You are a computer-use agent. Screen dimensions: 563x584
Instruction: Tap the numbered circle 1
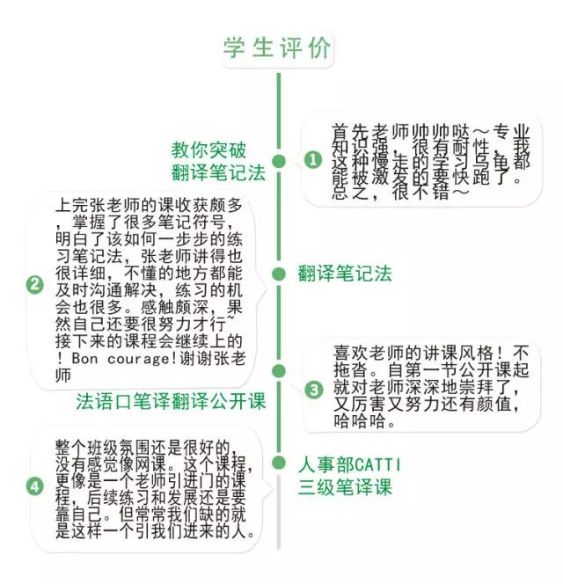(313, 159)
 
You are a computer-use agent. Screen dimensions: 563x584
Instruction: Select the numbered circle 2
(35, 284)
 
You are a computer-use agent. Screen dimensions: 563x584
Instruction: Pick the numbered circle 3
(313, 388)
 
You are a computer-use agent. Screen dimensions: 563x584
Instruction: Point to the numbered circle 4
(35, 485)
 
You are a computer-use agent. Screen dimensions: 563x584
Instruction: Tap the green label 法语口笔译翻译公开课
(171, 402)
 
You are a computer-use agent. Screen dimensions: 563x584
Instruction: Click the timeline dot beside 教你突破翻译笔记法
(279, 161)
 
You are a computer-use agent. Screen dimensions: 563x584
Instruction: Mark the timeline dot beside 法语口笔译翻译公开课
(279, 371)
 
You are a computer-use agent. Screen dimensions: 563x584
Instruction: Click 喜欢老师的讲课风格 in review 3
(400, 351)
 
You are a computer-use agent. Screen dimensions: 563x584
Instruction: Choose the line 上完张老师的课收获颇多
(154, 205)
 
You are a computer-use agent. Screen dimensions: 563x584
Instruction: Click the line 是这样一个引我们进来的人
(154, 531)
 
